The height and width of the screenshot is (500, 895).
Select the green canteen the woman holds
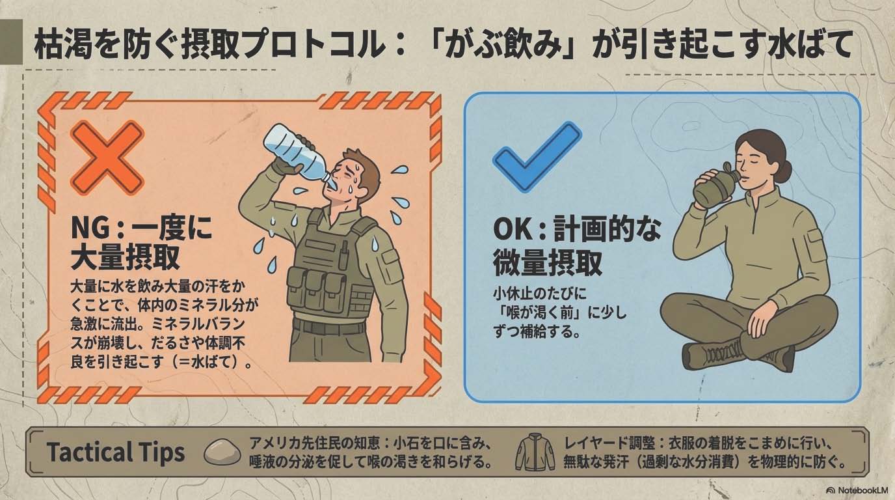716,185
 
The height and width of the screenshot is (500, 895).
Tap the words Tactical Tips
116,452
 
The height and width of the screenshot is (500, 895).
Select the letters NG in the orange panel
90,229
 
